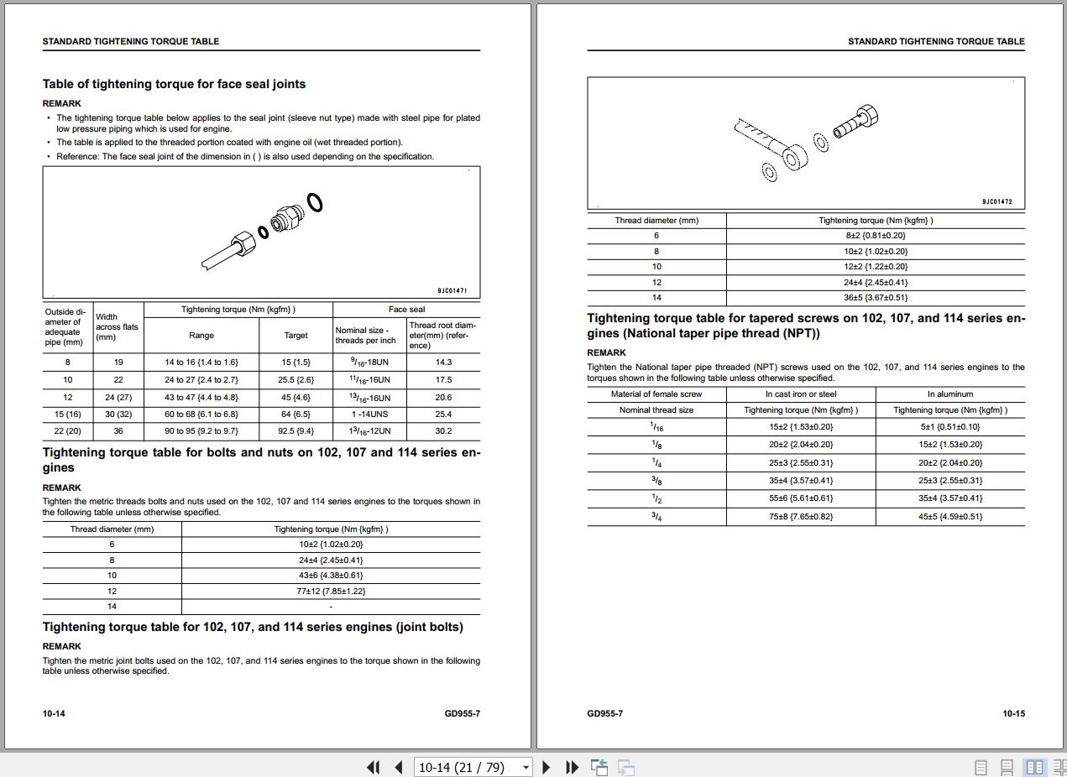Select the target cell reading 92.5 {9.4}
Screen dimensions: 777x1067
(x=296, y=431)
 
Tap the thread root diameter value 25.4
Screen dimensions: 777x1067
(x=442, y=415)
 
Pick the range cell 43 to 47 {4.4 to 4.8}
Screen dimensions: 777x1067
(x=201, y=398)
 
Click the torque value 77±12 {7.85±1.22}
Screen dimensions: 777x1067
(x=331, y=591)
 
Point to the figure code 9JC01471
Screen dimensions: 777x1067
(x=452, y=290)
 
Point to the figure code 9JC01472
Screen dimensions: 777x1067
(x=996, y=201)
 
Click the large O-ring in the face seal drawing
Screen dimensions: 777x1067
(x=315, y=202)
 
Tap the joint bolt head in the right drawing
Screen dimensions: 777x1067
(x=866, y=117)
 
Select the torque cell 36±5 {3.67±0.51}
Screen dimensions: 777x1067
(x=876, y=298)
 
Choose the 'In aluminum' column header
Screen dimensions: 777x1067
(x=949, y=394)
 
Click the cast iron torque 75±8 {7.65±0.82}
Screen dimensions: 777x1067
(x=800, y=517)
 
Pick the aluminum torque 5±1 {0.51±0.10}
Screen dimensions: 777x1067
(x=949, y=427)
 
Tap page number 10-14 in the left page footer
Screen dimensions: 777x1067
(x=54, y=714)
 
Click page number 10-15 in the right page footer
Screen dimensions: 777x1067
(x=1013, y=714)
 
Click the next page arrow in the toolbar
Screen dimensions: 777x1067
(x=547, y=767)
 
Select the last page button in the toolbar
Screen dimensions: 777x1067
(x=573, y=767)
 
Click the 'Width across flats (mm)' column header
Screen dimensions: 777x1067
(x=117, y=327)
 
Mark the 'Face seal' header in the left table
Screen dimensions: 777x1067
(x=406, y=310)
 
